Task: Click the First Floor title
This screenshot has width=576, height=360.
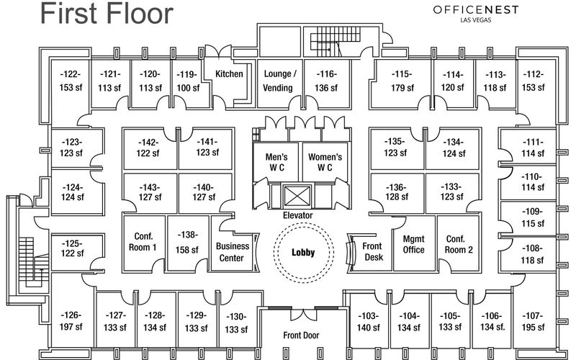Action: (106, 13)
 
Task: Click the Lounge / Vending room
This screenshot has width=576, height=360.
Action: (279, 81)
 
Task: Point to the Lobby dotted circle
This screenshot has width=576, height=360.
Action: (302, 252)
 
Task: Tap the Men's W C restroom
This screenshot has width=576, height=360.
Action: (276, 162)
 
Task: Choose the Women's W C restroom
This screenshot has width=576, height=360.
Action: (325, 162)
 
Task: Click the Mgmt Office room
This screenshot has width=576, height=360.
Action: (413, 245)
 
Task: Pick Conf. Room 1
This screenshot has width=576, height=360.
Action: (145, 242)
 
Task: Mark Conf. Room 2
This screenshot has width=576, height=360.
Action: (459, 245)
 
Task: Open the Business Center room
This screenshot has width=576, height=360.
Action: (233, 251)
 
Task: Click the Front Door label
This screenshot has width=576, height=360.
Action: (301, 335)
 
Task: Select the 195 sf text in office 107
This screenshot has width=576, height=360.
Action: (533, 328)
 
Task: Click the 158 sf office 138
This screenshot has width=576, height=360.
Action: (188, 242)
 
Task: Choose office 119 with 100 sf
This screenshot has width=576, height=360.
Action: (188, 81)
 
